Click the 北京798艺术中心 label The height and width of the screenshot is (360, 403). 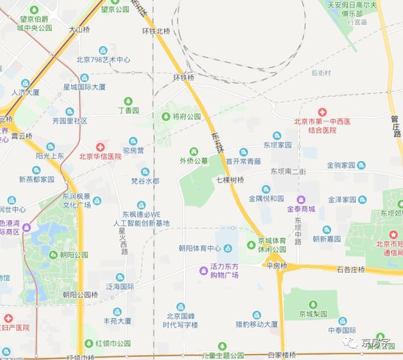point(103,60)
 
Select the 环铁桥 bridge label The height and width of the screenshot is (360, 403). point(184,77)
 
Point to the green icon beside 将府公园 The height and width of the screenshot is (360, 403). point(166,116)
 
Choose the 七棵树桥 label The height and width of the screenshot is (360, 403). point(230,180)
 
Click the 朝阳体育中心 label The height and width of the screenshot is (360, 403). point(200,247)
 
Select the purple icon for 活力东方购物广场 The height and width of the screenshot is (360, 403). point(203,271)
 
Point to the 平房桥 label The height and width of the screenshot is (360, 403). point(276,266)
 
